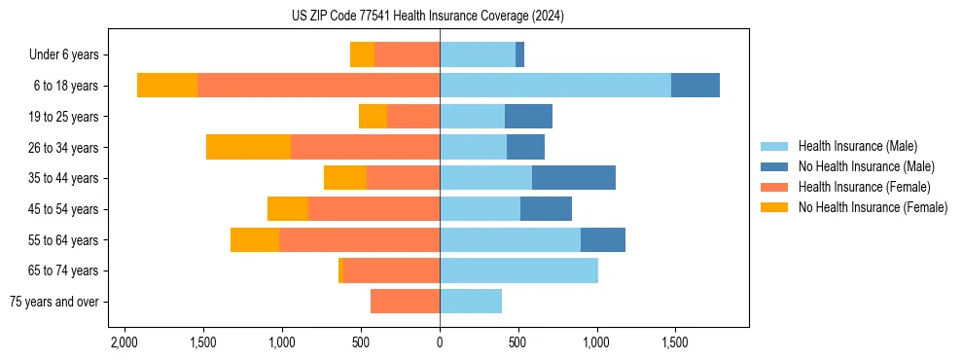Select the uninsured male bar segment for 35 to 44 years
point(574,178)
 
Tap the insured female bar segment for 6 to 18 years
point(318,86)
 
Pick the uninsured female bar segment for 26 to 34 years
point(248,147)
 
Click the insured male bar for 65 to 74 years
point(518,270)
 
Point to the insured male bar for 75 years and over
point(471,302)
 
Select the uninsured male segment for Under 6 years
point(519,54)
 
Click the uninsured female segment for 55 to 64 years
point(255,239)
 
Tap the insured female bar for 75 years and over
point(405,302)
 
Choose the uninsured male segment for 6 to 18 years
point(695,86)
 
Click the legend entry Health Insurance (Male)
point(857,146)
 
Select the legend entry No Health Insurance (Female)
point(873,207)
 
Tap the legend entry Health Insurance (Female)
point(864,187)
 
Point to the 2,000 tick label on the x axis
point(125,343)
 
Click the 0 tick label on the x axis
point(440,343)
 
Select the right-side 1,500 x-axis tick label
point(675,343)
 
